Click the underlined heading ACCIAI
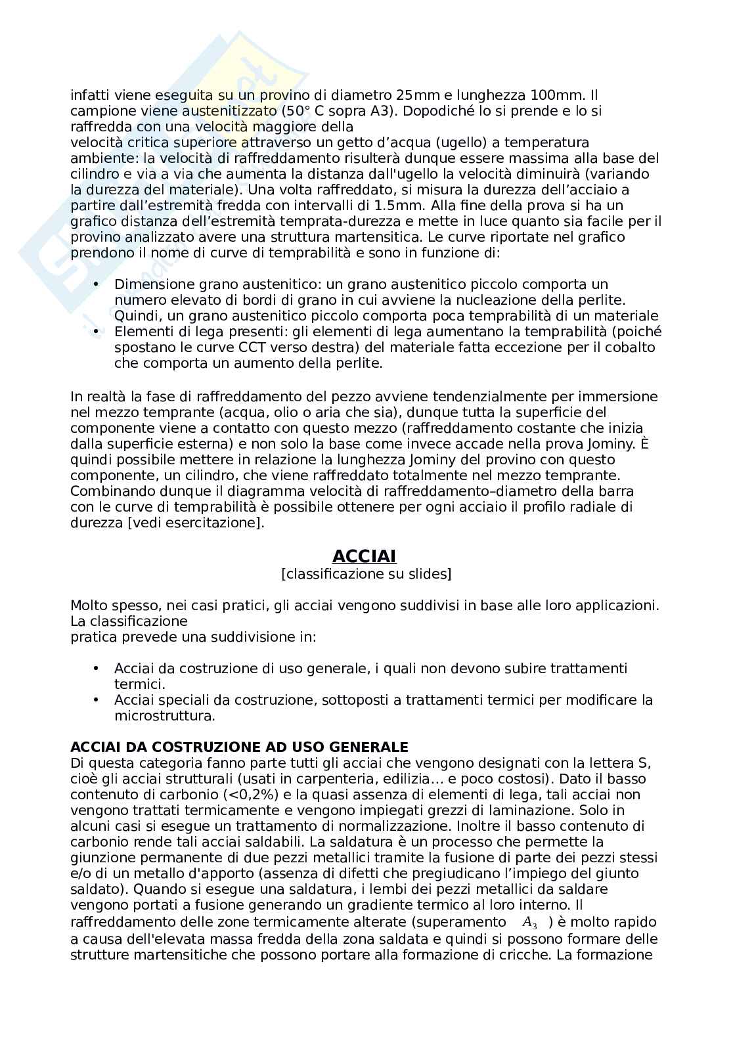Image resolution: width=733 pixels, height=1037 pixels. pyautogui.click(x=364, y=556)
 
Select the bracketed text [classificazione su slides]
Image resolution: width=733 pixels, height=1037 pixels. pyautogui.click(x=366, y=574)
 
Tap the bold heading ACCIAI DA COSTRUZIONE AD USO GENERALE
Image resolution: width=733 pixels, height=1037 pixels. pyautogui.click(x=239, y=747)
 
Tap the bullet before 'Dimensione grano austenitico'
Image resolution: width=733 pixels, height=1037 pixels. pyautogui.click(x=97, y=284)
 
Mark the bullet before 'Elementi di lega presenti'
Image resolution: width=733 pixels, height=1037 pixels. pyautogui.click(x=97, y=331)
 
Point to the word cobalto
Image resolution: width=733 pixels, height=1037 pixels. pyautogui.click(x=629, y=347)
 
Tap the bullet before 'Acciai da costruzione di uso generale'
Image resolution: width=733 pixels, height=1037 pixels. pyautogui.click(x=97, y=668)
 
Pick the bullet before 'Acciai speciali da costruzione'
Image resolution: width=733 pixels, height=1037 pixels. pyautogui.click(x=97, y=699)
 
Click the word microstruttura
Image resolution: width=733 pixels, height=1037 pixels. pyautogui.click(x=164, y=716)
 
